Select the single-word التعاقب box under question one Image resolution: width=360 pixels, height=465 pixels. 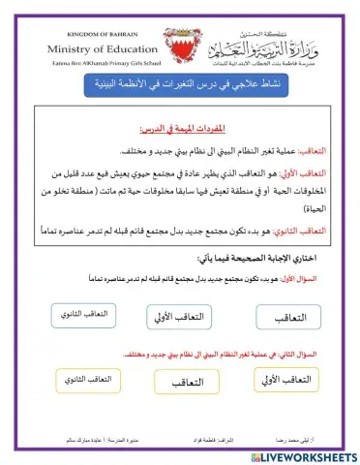[286, 318]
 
